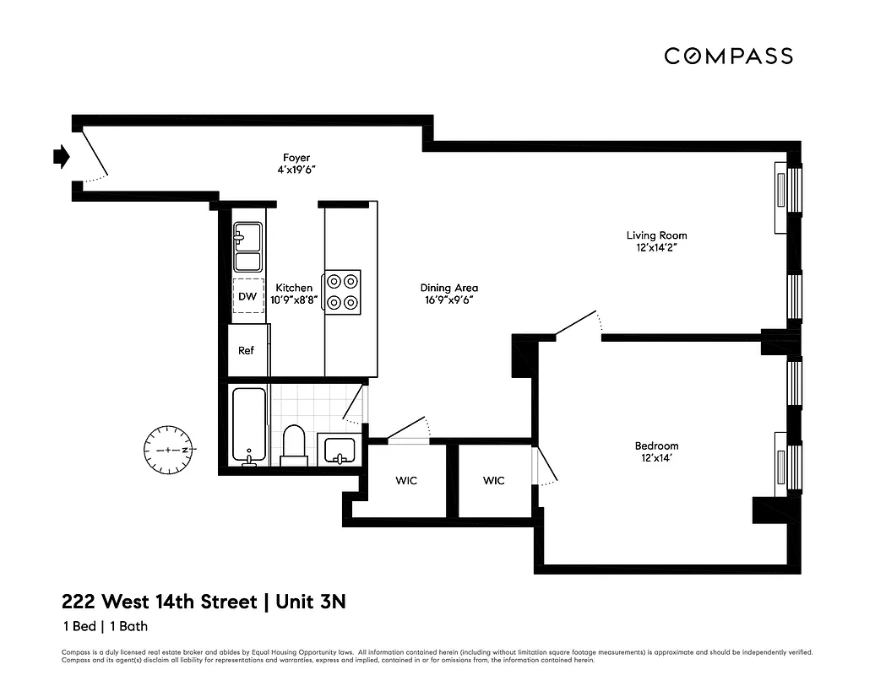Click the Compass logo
click(x=728, y=57)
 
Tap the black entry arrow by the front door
click(x=60, y=156)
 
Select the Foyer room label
click(x=296, y=158)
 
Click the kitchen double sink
click(x=247, y=247)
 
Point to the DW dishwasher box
click(x=247, y=296)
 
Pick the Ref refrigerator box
click(x=246, y=350)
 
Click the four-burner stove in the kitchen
click(x=343, y=292)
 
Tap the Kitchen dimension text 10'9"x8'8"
click(x=294, y=300)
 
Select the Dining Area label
click(x=448, y=289)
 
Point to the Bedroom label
click(x=656, y=446)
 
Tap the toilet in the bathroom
click(x=294, y=445)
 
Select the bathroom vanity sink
click(x=340, y=449)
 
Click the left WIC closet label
click(x=406, y=481)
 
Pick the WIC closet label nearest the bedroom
click(x=493, y=481)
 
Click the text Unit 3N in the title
click(x=310, y=602)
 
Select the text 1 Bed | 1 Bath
click(x=105, y=626)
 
